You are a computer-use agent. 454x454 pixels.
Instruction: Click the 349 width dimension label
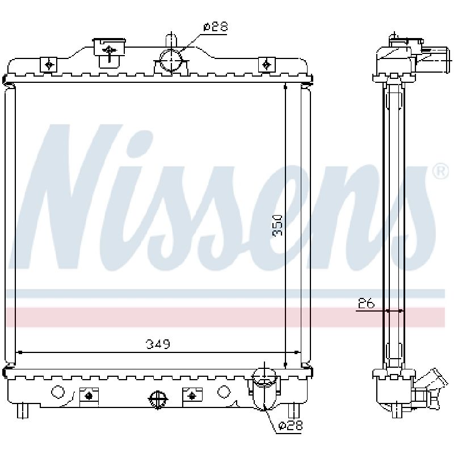pyautogui.click(x=158, y=344)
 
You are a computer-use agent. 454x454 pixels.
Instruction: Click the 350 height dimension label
pyautogui.click(x=277, y=225)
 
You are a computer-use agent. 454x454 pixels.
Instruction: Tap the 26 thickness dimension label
pyautogui.click(x=366, y=304)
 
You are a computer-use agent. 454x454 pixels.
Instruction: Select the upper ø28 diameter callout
pyautogui.click(x=216, y=27)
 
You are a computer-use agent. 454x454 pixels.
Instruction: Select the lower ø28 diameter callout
pyautogui.click(x=290, y=425)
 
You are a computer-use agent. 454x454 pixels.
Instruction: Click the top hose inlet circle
pyautogui.click(x=171, y=61)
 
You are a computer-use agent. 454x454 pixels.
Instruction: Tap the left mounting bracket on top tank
pyautogui.click(x=49, y=64)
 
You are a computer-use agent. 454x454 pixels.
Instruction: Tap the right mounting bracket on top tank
pyautogui.click(x=267, y=64)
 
